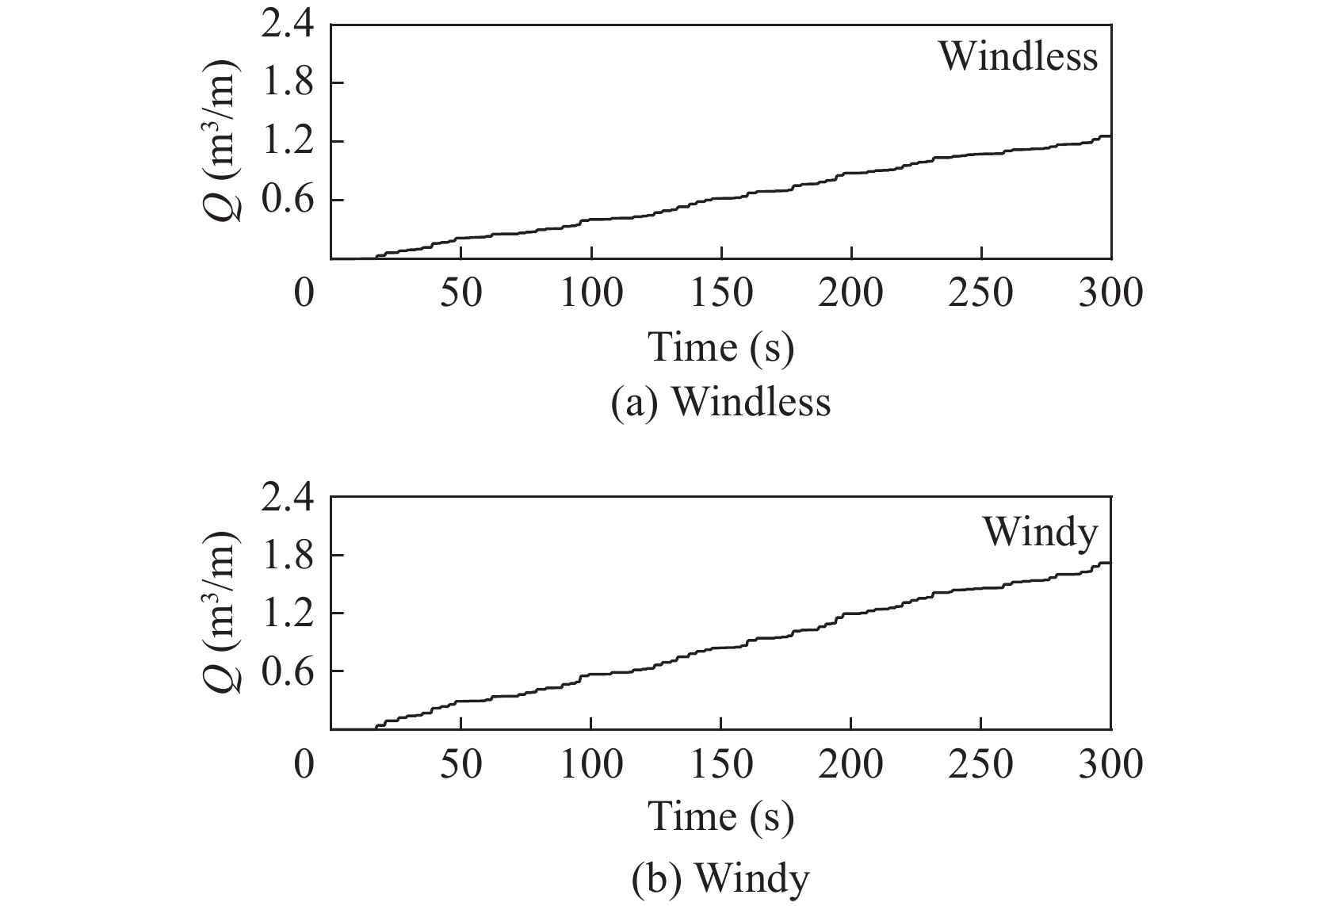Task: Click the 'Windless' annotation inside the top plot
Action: pos(1018,57)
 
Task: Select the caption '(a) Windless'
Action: pos(720,402)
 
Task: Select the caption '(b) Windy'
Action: pos(720,877)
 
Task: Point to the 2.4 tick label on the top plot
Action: pos(287,25)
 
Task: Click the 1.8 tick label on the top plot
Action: pos(287,83)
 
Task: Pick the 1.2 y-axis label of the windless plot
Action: pos(287,142)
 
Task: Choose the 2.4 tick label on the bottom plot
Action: pos(287,496)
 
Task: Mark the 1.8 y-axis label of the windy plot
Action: pos(287,555)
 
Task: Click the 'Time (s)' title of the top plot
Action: pos(720,347)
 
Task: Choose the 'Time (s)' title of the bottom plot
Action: pos(720,817)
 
